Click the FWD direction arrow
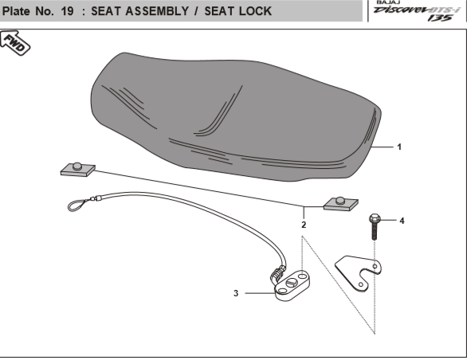click(15, 43)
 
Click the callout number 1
click(399, 147)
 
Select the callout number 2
click(304, 225)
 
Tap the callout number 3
click(236, 293)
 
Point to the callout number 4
click(402, 221)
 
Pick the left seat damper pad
click(78, 170)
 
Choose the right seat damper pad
click(341, 204)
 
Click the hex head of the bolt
click(375, 219)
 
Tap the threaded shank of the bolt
click(375, 232)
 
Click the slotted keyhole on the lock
click(292, 282)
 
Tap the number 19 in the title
click(67, 11)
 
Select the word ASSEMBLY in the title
click(157, 11)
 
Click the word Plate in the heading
click(16, 11)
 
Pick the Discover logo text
click(401, 10)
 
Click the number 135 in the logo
click(440, 18)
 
